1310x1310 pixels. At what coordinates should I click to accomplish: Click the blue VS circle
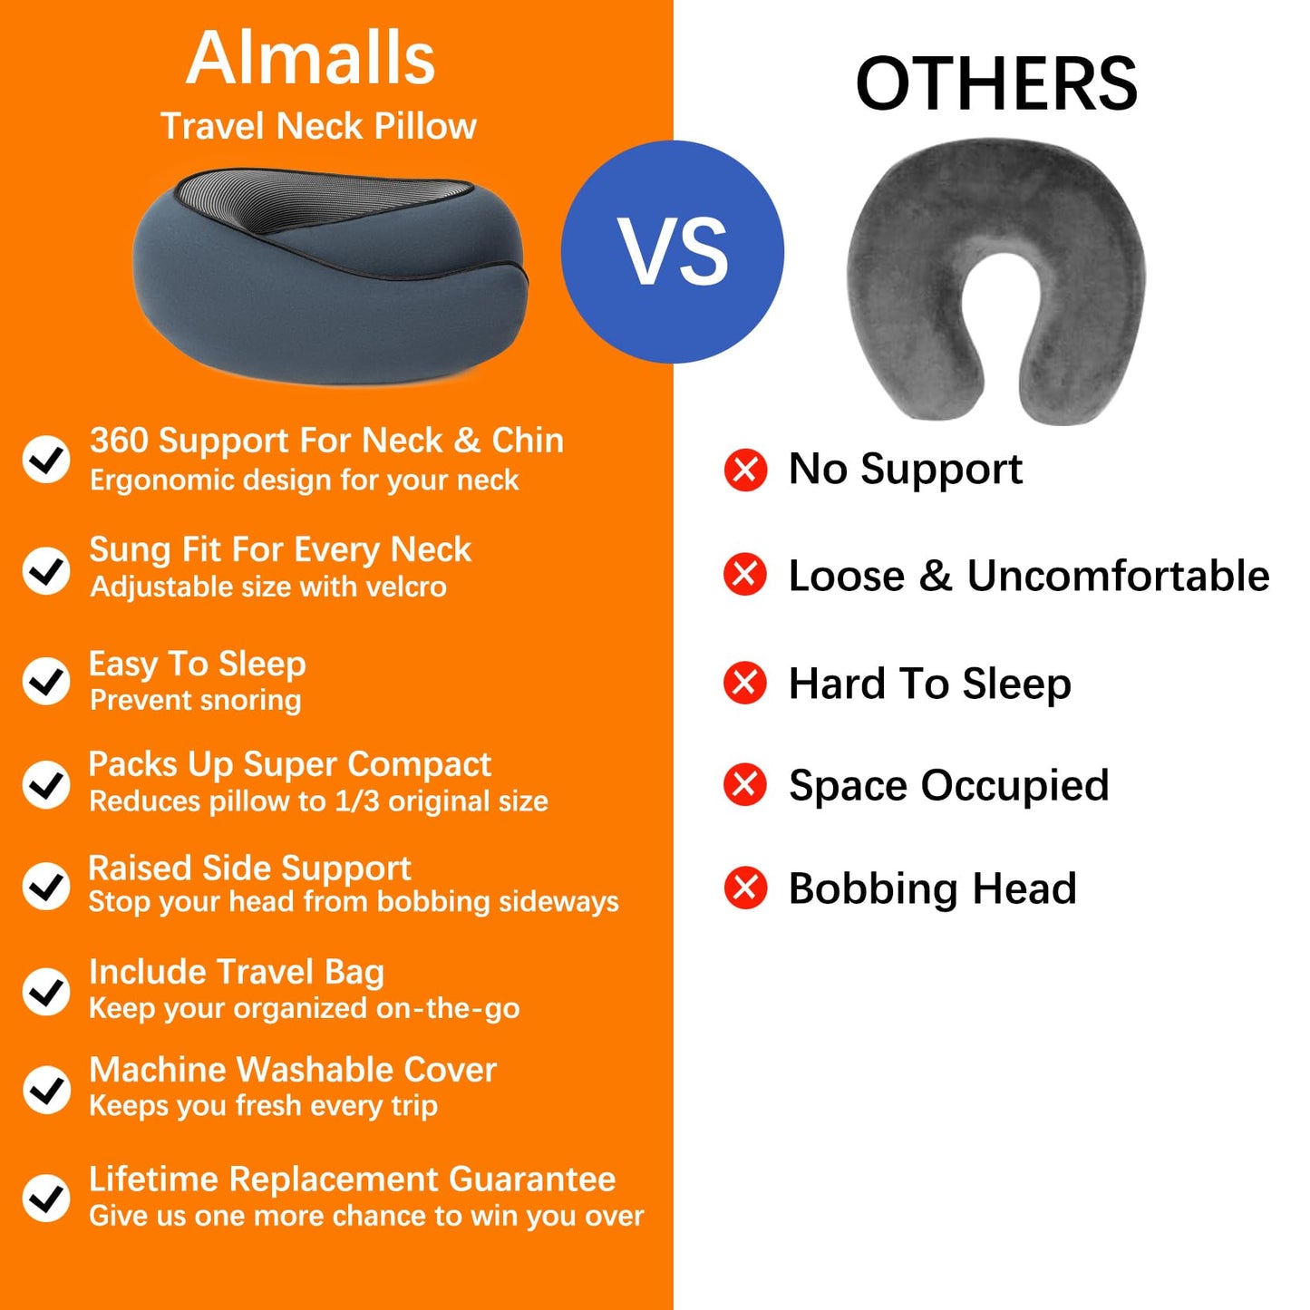click(x=672, y=252)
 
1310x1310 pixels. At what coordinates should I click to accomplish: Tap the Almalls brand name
click(x=311, y=58)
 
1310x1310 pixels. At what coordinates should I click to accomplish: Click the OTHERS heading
click(x=995, y=84)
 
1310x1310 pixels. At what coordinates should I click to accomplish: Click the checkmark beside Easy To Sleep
click(x=46, y=681)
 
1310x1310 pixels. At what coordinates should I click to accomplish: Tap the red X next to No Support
click(x=745, y=470)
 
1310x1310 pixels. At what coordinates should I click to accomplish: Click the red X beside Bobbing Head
click(x=745, y=888)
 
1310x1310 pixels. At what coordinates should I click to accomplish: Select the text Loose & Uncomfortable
click(x=1028, y=576)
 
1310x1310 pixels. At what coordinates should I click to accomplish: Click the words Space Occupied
click(x=948, y=785)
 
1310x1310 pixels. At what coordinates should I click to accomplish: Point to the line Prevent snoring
click(x=196, y=701)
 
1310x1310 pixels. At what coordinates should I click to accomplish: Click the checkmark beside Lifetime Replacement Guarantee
click(x=46, y=1198)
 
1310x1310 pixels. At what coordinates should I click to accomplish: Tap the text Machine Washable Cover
click(x=292, y=1070)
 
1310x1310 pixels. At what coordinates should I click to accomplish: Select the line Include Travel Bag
click(x=236, y=972)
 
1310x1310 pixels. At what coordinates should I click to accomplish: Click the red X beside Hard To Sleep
click(x=745, y=683)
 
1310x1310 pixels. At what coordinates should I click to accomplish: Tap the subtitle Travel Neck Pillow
click(x=318, y=126)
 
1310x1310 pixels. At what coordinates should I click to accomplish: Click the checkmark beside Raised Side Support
click(x=46, y=886)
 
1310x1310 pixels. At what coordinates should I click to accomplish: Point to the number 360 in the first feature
click(x=118, y=441)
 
